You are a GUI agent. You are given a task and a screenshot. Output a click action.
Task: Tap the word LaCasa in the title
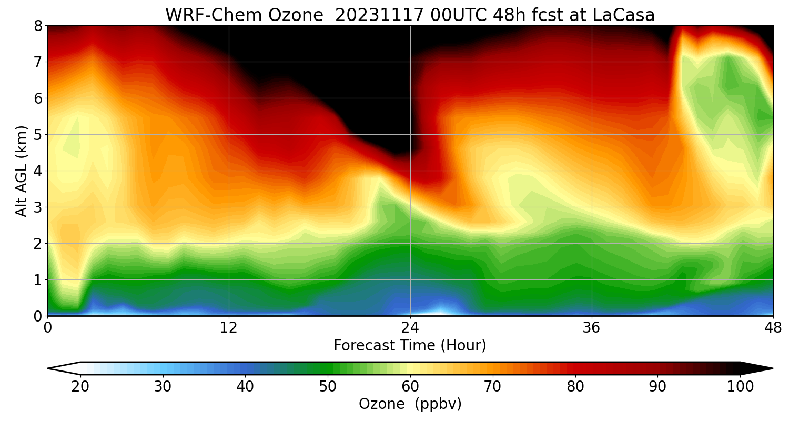[623, 15]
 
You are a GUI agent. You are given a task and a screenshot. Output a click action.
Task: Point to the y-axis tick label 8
[37, 26]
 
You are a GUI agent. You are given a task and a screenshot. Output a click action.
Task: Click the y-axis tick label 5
[37, 135]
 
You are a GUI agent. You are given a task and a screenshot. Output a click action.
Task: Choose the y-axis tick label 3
[37, 207]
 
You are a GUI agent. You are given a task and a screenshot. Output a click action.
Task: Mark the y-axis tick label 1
[37, 280]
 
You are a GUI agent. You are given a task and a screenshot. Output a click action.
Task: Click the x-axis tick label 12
[229, 328]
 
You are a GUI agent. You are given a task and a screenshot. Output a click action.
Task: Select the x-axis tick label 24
[410, 328]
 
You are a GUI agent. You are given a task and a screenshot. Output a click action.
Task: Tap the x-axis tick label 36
[592, 328]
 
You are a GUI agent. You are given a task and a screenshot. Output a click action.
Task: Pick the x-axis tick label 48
[773, 328]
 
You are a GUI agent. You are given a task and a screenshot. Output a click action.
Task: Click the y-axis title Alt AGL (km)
[21, 171]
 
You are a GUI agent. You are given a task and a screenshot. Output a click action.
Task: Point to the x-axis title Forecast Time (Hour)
[410, 346]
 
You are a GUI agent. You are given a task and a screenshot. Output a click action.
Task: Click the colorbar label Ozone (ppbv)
[410, 404]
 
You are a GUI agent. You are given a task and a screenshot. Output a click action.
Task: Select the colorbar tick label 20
[80, 387]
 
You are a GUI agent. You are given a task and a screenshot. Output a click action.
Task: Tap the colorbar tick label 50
[328, 387]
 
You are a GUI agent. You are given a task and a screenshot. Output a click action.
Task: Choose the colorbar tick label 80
[575, 387]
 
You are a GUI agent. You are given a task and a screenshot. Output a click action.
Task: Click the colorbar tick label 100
[740, 387]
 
